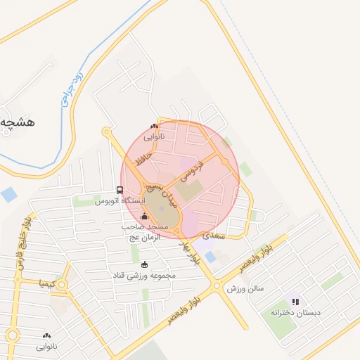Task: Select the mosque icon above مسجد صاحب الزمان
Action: (145, 216)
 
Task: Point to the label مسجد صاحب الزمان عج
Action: (143, 232)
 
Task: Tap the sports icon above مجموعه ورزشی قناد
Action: (145, 264)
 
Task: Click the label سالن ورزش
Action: (244, 288)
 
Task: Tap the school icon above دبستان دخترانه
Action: (295, 301)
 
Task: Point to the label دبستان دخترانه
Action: (298, 311)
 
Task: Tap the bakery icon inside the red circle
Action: (155, 126)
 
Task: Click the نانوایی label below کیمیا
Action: (47, 347)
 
